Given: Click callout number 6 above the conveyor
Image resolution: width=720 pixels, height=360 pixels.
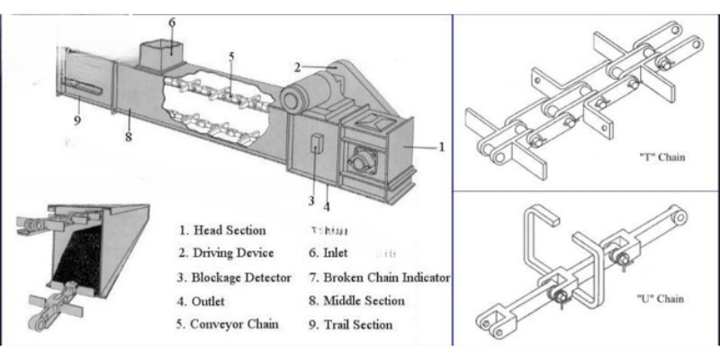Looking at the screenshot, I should (x=172, y=22).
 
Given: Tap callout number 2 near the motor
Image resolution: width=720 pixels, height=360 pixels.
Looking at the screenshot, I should (x=297, y=66).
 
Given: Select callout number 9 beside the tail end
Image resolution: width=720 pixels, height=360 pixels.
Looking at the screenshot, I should (x=77, y=121).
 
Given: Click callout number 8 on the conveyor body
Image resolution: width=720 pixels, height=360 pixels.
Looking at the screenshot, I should (x=128, y=138).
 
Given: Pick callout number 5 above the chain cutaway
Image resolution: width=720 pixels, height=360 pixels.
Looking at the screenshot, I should (x=231, y=57).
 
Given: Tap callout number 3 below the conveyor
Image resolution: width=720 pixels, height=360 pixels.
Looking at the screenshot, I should (x=311, y=201).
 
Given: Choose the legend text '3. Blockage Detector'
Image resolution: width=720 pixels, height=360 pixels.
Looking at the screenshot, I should (x=236, y=276).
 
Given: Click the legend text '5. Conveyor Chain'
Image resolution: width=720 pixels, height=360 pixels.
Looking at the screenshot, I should (x=229, y=324).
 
